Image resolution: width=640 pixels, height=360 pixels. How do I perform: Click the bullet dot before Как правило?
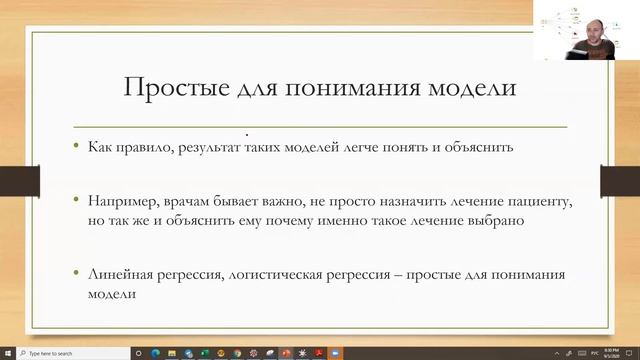pyautogui.click(x=77, y=148)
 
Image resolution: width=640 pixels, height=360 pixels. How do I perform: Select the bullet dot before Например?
pyautogui.click(x=77, y=202)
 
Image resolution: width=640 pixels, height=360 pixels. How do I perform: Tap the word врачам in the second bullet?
pyautogui.click(x=180, y=202)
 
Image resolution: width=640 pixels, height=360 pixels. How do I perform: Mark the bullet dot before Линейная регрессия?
pyautogui.click(x=77, y=274)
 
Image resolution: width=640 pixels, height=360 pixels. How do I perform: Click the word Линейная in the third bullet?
pyautogui.click(x=118, y=274)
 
